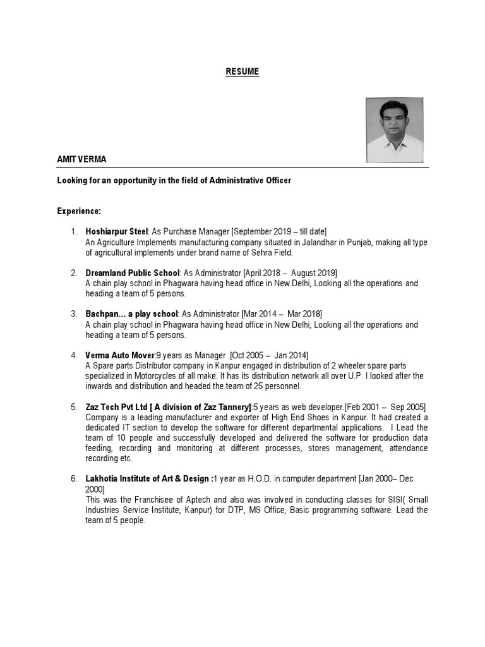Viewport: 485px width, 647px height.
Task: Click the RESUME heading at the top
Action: (242, 72)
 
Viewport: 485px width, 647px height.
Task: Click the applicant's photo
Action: (395, 130)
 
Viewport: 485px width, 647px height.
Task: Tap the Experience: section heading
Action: (79, 210)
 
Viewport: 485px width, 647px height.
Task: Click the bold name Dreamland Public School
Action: (133, 273)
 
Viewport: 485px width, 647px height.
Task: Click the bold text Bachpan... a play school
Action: (132, 314)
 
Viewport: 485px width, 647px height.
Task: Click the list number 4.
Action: (73, 356)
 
